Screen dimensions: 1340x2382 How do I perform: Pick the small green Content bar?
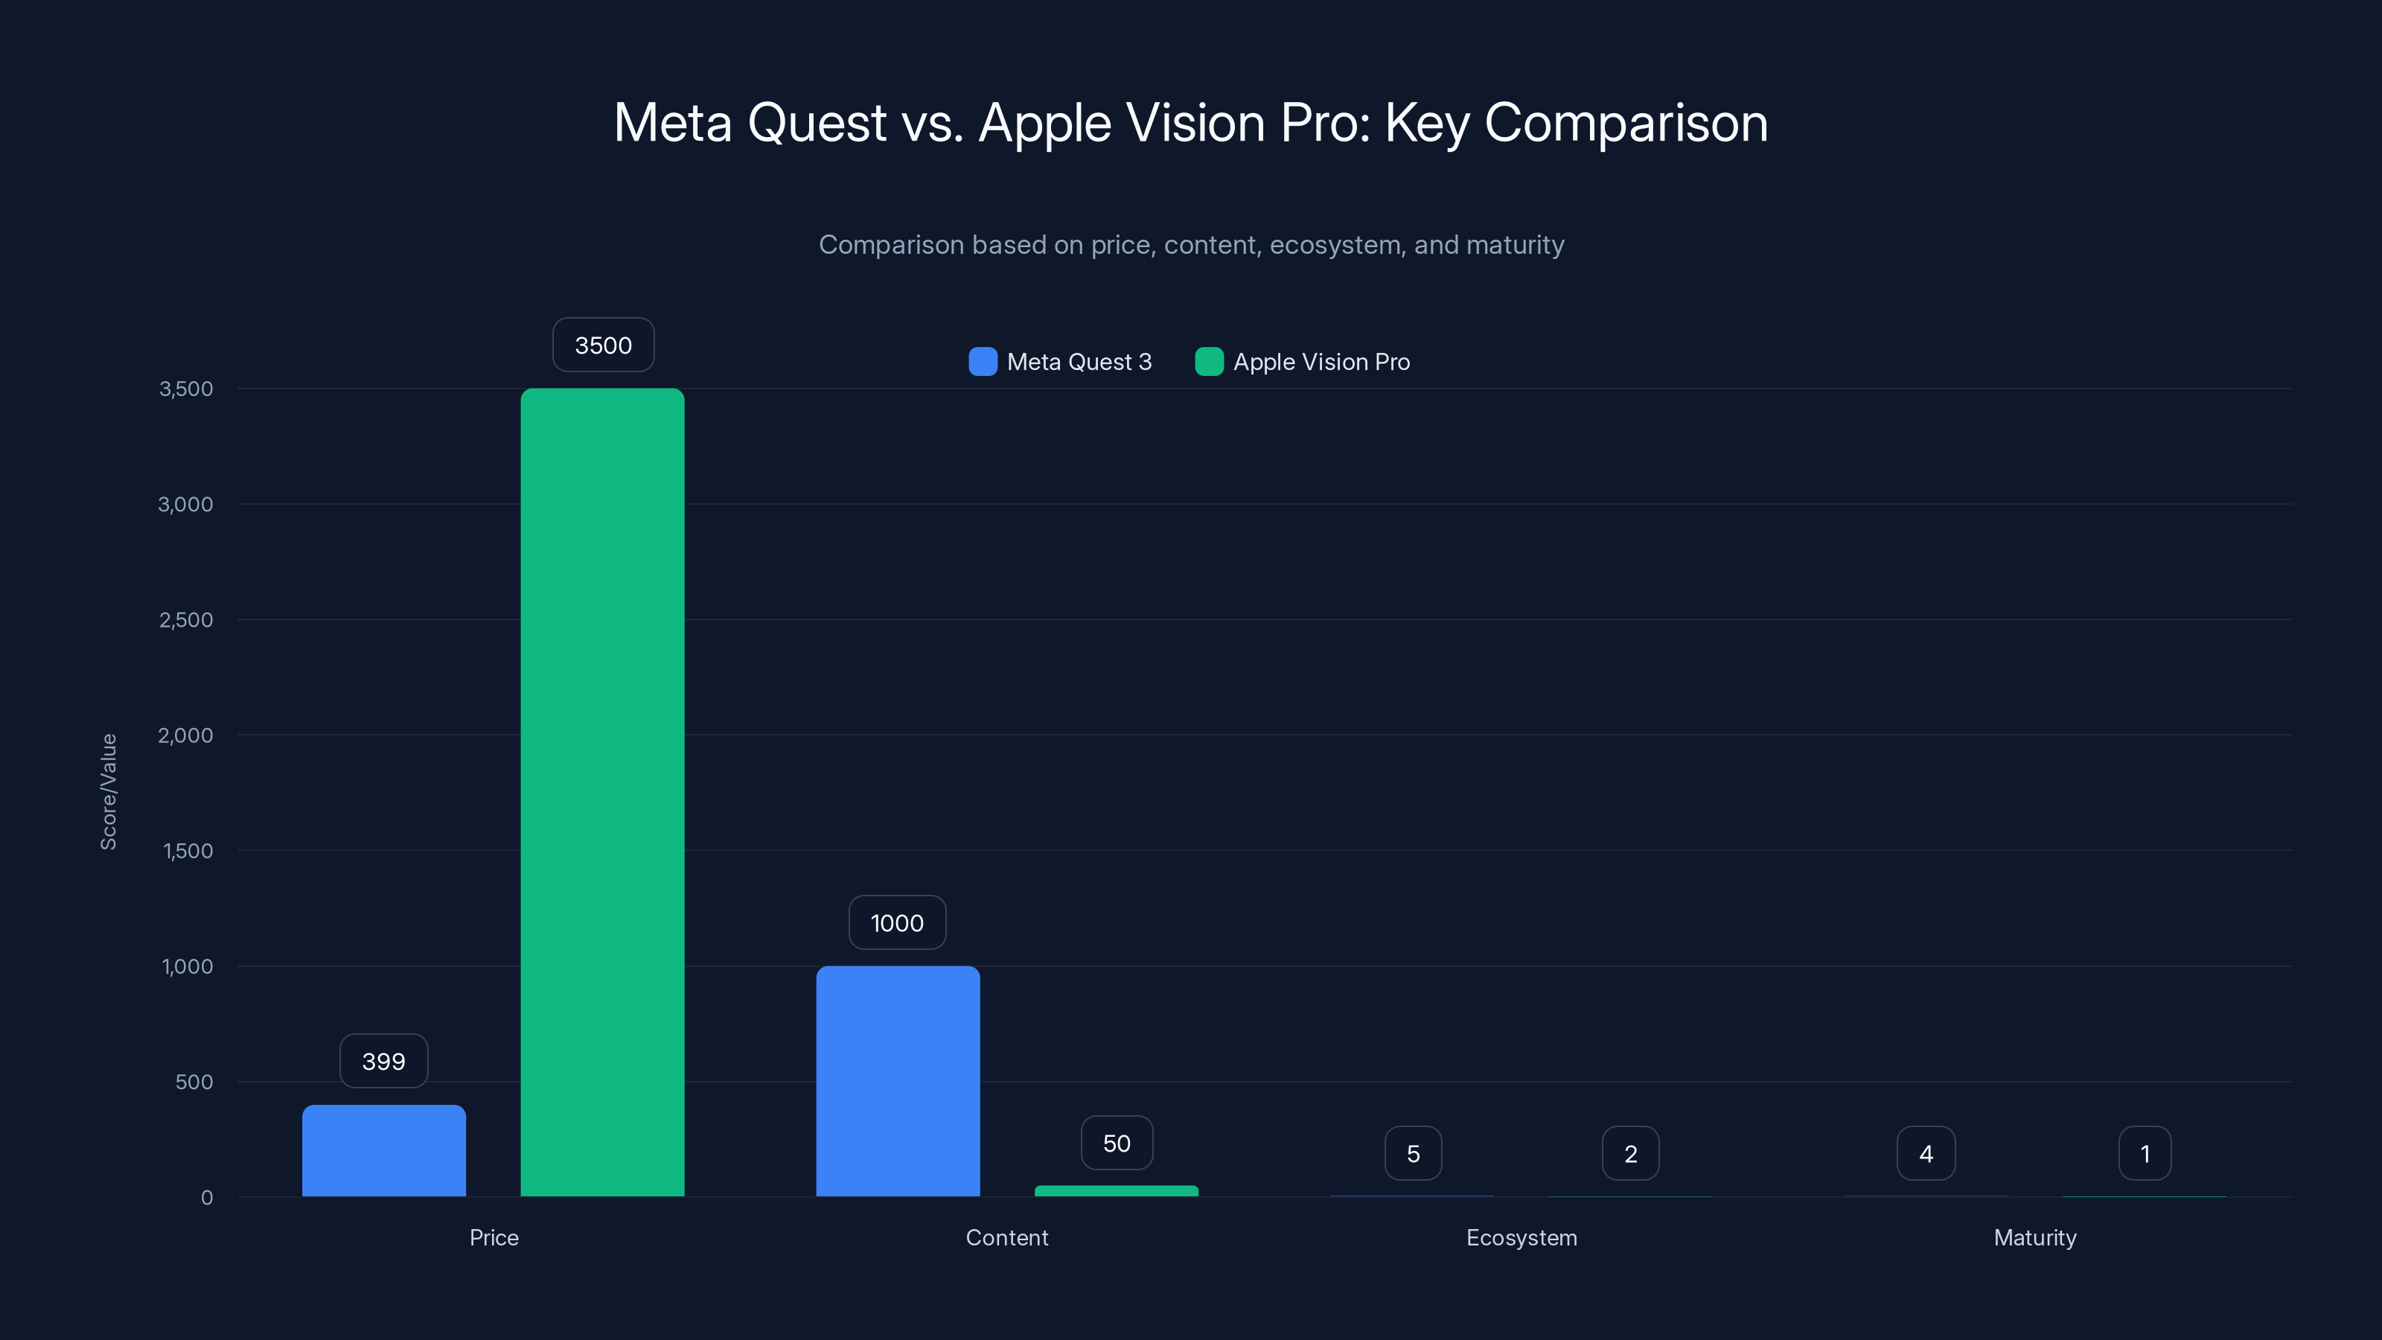[x=1116, y=1190]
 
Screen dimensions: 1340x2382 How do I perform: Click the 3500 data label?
[x=603, y=345]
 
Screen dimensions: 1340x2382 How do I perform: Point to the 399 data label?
[x=383, y=1061]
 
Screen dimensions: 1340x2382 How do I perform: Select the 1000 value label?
[x=896, y=922]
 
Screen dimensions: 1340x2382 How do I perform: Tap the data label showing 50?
[x=1116, y=1143]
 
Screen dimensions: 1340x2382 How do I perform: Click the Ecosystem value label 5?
[x=1412, y=1153]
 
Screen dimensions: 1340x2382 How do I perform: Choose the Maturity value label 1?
[x=2144, y=1153]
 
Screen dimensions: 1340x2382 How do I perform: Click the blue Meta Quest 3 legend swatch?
[x=982, y=362]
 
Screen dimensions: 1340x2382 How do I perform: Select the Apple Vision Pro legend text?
[x=1321, y=362]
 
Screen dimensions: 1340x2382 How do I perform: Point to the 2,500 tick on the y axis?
[x=186, y=619]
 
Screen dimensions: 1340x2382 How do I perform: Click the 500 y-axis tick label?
[x=194, y=1081]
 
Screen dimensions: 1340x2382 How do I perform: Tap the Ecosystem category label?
[x=1521, y=1237]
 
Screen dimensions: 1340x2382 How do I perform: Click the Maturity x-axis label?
[x=2034, y=1237]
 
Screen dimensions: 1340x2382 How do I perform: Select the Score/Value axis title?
[x=108, y=791]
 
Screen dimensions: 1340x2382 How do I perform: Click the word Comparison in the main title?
[x=1626, y=122]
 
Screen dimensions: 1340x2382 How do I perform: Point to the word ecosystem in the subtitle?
[x=1335, y=245]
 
